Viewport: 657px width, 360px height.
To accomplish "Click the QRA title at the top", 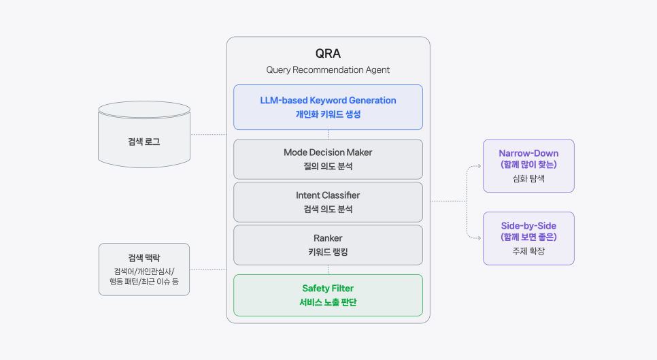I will coord(328,54).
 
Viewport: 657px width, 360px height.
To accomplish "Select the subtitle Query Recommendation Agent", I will coord(328,69).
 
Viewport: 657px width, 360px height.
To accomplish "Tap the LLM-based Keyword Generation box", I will coord(328,107).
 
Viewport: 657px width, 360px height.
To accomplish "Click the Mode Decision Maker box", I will coord(328,159).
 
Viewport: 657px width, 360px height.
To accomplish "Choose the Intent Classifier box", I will coord(328,201).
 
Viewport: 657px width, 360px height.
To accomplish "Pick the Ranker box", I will coord(328,244).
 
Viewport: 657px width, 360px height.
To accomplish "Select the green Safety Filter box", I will coord(328,295).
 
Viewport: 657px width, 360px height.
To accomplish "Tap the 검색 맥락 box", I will coord(144,269).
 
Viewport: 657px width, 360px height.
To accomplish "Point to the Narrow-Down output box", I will coord(528,165).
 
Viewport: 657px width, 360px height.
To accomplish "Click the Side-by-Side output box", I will coord(528,238).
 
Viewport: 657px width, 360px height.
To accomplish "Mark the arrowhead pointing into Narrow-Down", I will coord(478,165).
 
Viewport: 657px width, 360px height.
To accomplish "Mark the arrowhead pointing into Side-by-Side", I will coord(478,238).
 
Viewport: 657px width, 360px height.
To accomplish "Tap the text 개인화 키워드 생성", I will coord(328,114).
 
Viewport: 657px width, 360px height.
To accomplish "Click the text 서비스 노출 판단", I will coord(328,302).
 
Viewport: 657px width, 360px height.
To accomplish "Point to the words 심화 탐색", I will coord(528,179).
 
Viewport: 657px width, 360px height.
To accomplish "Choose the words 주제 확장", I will coord(528,251).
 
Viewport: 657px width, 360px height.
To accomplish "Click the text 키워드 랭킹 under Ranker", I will coord(328,252).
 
